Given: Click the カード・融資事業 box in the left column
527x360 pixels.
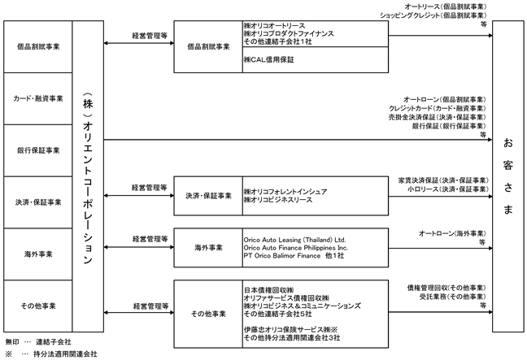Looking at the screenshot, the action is click(x=38, y=98).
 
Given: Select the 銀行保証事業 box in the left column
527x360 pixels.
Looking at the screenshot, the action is click(x=38, y=150).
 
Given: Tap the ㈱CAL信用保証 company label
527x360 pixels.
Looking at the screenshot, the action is click(x=269, y=60).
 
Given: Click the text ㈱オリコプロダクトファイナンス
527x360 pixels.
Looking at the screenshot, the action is click(x=289, y=33).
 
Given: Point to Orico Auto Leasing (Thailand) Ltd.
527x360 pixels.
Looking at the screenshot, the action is click(x=294, y=240).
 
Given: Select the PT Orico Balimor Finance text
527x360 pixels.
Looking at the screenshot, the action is click(x=282, y=255).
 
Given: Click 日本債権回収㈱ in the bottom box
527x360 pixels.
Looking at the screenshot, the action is click(x=269, y=290).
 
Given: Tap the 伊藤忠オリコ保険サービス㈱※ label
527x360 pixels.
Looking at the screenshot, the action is click(x=290, y=329).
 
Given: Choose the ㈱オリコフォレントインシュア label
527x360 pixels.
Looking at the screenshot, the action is click(x=285, y=192).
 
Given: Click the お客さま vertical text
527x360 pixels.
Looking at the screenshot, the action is click(x=507, y=176).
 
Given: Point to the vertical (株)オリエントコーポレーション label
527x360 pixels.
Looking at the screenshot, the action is click(x=88, y=178).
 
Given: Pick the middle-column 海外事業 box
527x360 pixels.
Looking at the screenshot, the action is click(x=208, y=248).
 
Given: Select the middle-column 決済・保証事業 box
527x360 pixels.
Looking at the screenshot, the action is click(x=208, y=196).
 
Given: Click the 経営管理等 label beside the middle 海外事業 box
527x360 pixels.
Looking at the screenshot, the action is click(x=150, y=239).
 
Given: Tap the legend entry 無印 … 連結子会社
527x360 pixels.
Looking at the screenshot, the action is click(x=38, y=342).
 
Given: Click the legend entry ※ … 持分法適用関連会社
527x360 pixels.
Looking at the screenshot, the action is click(x=51, y=354).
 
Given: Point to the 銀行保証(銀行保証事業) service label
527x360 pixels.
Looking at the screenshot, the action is click(x=449, y=126).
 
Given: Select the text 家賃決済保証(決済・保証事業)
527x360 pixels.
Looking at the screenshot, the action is click(x=443, y=180).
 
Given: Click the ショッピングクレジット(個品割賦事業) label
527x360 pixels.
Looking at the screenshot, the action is click(x=433, y=15).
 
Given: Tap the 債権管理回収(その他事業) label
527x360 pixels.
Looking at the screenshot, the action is click(x=446, y=288).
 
